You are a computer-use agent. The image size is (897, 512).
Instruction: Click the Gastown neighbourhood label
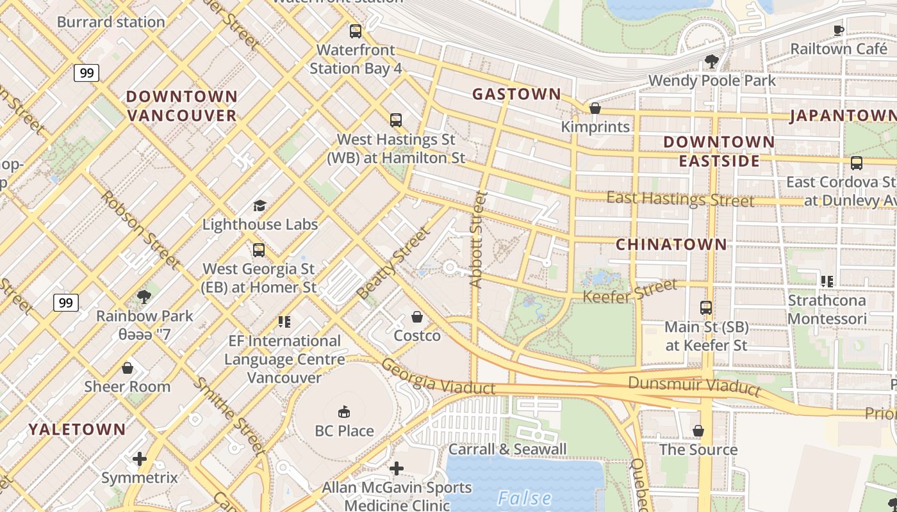516,94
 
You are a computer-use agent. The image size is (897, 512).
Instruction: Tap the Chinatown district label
671,244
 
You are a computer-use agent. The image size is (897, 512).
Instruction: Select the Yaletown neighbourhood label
77,429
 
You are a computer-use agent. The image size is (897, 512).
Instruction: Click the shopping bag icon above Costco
417,317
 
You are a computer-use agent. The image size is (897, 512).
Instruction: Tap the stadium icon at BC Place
344,411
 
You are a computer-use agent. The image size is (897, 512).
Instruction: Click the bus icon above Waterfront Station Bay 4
355,31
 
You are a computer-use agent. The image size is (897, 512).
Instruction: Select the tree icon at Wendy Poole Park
711,61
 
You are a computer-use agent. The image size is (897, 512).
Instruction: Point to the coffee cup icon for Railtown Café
838,29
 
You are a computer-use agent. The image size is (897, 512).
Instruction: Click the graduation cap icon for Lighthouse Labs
259,205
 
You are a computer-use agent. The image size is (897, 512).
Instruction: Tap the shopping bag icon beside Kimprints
595,108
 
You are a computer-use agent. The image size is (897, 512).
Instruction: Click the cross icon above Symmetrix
140,459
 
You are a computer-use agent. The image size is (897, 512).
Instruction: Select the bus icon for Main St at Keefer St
706,308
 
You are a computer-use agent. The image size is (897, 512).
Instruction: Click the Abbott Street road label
478,239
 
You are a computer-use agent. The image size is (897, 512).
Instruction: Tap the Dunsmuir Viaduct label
695,385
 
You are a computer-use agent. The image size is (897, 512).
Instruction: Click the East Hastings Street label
680,199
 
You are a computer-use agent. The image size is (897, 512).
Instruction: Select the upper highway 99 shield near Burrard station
86,73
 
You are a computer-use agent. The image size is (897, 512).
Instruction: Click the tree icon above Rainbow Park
144,297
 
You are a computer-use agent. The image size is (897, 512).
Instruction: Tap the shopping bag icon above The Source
698,431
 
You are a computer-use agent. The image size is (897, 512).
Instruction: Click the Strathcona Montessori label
827,310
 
